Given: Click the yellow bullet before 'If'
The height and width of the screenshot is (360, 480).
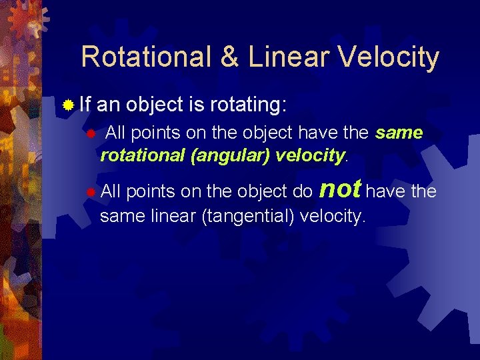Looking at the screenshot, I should pyautogui.click(x=67, y=105).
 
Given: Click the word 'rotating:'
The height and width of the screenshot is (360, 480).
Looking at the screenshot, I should pyautogui.click(x=249, y=105).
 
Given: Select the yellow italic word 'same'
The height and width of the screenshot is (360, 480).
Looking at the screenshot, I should pyautogui.click(x=399, y=133).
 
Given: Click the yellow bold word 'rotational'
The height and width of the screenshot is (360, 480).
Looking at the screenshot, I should pyautogui.click(x=142, y=155).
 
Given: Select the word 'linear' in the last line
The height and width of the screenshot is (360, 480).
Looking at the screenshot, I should pyautogui.click(x=154, y=216).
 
